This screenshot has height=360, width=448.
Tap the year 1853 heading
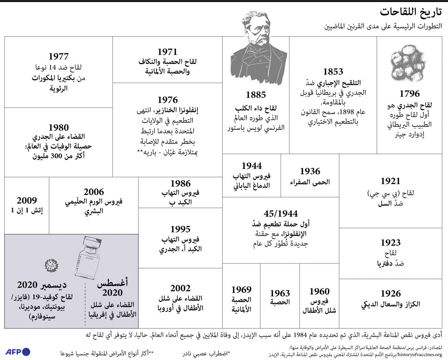pos(333,72)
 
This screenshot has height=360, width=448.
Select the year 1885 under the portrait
pos(256,95)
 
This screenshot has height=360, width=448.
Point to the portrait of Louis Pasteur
pos(257,45)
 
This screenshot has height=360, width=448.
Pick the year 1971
pos(167,51)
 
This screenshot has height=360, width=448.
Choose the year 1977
pos(59,57)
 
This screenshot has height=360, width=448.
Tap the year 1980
pos(59,127)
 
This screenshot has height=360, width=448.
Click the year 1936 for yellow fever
pos(310,171)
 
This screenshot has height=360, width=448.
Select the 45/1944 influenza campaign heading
pos(281,214)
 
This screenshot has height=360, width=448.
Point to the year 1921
pos(390,181)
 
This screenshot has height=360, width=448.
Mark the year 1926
pos(390,294)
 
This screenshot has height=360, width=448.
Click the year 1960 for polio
pos(319,291)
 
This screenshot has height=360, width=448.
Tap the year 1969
pos(241,289)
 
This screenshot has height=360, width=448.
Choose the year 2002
pos(180,288)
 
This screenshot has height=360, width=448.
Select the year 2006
pos(94,192)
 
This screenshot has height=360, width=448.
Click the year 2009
pos(27,201)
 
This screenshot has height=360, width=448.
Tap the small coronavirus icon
pos(51,265)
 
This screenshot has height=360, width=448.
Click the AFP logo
pos(18,352)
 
